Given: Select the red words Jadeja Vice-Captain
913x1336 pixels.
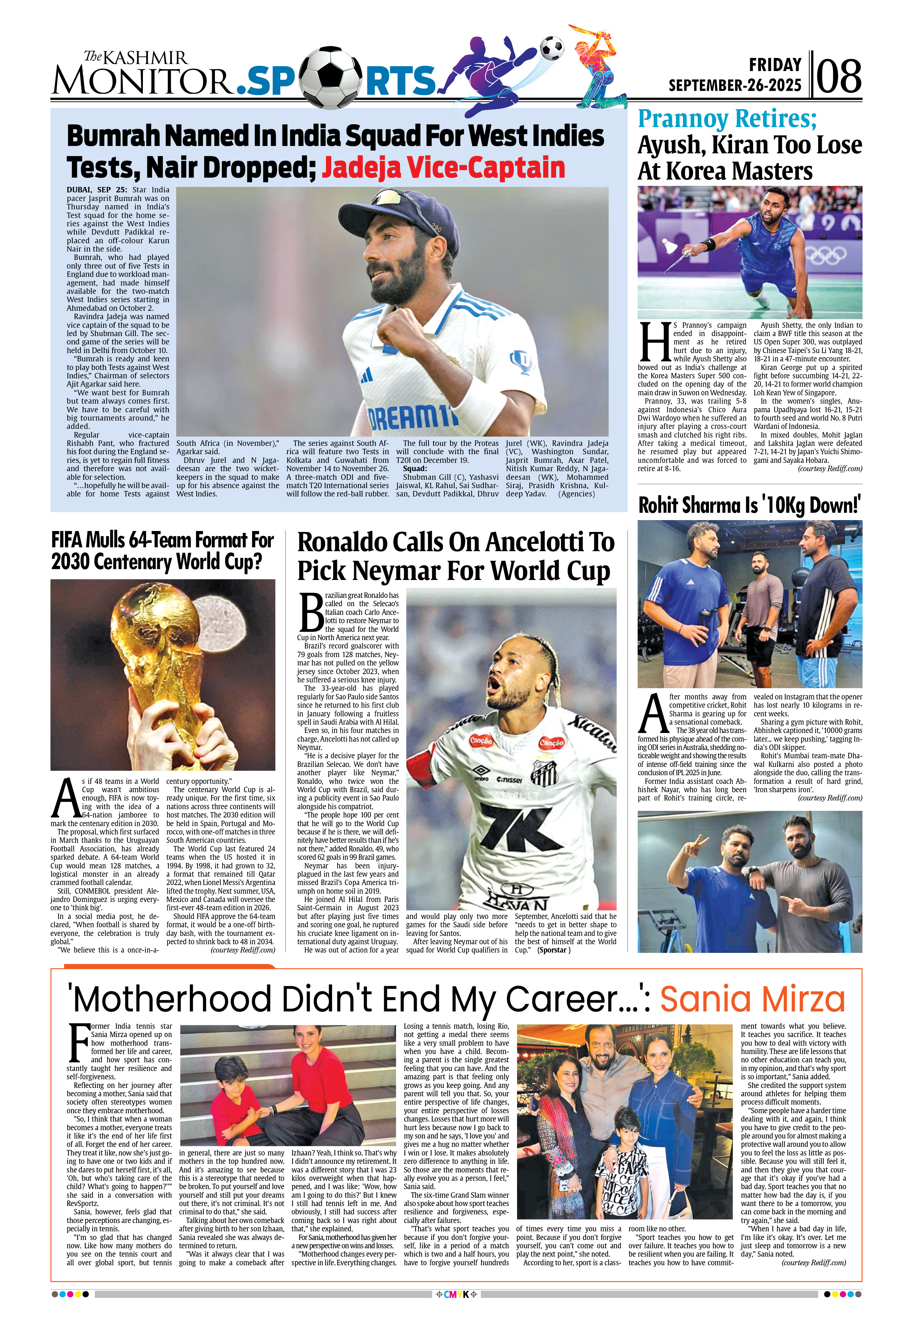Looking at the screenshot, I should coord(443,167).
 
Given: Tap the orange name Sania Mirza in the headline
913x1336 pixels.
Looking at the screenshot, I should coord(753,1000).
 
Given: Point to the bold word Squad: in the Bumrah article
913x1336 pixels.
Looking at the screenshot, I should coord(415,469).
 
